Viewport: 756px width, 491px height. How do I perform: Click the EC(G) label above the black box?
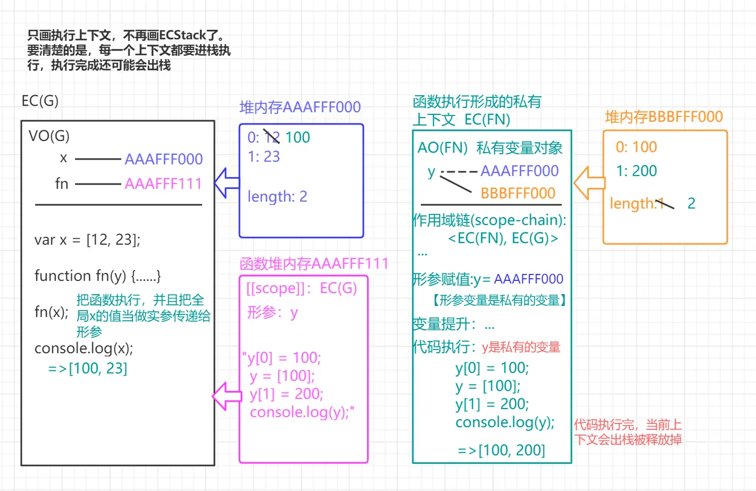40,101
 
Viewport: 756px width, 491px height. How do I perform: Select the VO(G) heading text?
49,136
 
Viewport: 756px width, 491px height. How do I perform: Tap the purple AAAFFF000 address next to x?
163,159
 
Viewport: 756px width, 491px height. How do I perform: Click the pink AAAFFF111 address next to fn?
163,184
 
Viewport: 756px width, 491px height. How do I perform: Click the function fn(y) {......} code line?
97,276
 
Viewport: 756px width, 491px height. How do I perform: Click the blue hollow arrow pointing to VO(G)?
227,183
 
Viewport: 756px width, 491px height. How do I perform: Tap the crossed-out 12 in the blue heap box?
272,137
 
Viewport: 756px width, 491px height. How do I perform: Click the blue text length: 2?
277,197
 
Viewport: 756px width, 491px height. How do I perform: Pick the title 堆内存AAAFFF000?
300,107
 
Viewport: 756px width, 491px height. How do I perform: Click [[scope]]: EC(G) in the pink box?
301,288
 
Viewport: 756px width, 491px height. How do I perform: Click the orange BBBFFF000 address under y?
518,193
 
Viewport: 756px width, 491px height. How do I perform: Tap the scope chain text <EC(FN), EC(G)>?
503,238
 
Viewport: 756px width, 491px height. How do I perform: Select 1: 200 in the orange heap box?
636,171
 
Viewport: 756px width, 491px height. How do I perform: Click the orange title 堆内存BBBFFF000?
663,117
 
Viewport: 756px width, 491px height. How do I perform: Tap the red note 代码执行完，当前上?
627,425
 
